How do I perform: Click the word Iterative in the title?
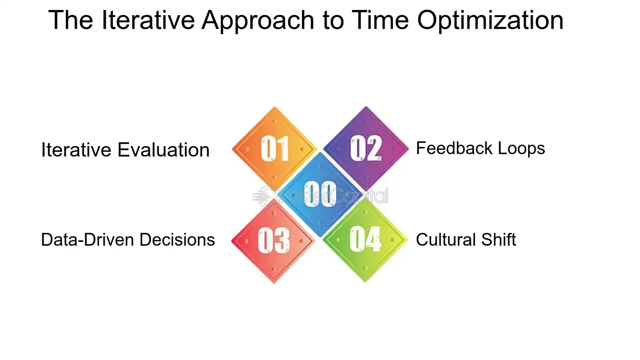[148, 20]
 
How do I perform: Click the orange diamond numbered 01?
[274, 148]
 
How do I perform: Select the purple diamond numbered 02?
[366, 148]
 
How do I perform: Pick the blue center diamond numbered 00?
[320, 194]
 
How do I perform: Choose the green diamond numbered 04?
[365, 240]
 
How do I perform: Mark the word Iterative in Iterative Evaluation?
[77, 150]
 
